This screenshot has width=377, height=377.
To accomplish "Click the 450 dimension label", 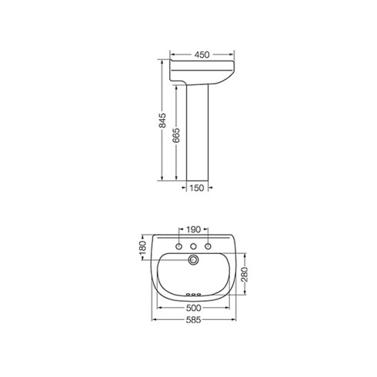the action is pyautogui.click(x=202, y=55).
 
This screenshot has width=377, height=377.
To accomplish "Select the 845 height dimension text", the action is pyautogui.click(x=162, y=120).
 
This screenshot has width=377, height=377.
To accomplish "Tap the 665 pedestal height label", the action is pyautogui.click(x=176, y=135).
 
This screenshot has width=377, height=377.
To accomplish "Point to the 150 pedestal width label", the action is pyautogui.click(x=197, y=188).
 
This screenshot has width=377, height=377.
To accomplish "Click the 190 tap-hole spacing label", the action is pyautogui.click(x=193, y=229).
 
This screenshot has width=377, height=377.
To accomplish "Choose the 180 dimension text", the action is pyautogui.click(x=142, y=248).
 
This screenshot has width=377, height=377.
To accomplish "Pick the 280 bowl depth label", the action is pyautogui.click(x=245, y=275).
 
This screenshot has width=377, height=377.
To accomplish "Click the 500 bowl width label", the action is pyautogui.click(x=194, y=308).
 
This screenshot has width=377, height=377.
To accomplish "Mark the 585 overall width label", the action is pyautogui.click(x=194, y=319).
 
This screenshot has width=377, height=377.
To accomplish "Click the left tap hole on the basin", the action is pyautogui.click(x=178, y=246).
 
